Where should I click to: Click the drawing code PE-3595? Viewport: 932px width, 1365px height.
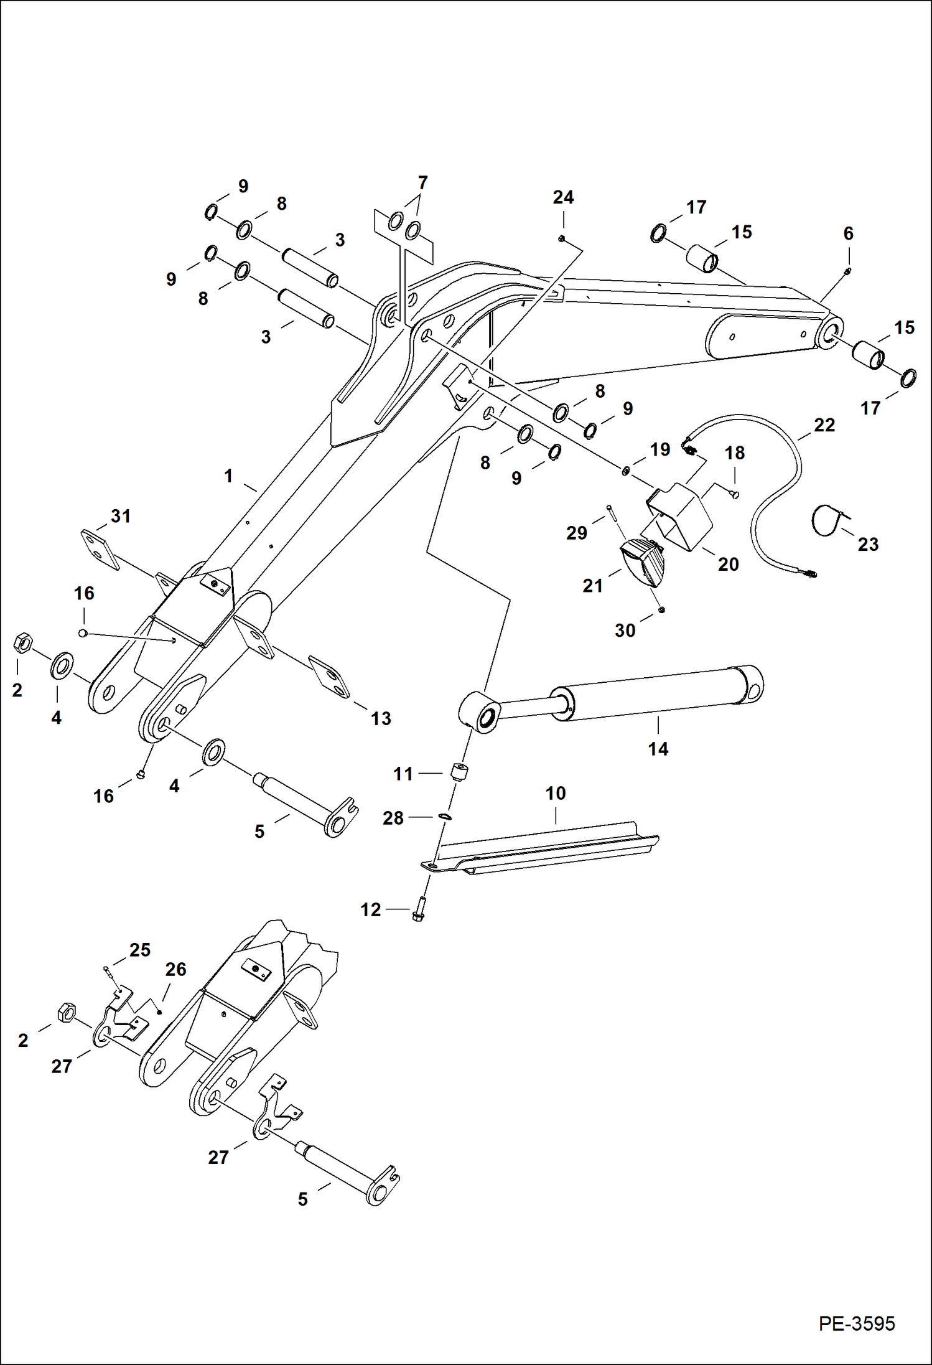click(x=856, y=1324)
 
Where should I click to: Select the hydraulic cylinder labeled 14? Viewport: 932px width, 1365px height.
click(x=653, y=695)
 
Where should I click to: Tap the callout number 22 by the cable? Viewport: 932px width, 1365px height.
click(x=824, y=425)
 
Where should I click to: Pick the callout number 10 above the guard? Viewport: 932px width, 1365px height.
click(x=555, y=794)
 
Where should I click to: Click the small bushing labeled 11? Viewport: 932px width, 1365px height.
click(x=459, y=772)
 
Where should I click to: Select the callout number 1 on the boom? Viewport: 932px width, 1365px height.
click(x=228, y=476)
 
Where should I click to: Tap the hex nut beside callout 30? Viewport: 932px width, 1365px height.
click(x=661, y=609)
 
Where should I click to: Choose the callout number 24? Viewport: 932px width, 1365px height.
click(x=563, y=197)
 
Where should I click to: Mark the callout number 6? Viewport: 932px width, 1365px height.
click(x=848, y=234)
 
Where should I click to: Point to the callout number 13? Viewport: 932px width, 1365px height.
click(x=381, y=718)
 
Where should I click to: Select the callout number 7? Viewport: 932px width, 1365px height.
click(x=422, y=183)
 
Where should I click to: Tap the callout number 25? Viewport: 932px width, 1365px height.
click(x=140, y=950)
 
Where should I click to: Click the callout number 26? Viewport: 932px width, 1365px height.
click(x=175, y=969)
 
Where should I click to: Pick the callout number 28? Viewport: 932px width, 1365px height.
click(x=393, y=818)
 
